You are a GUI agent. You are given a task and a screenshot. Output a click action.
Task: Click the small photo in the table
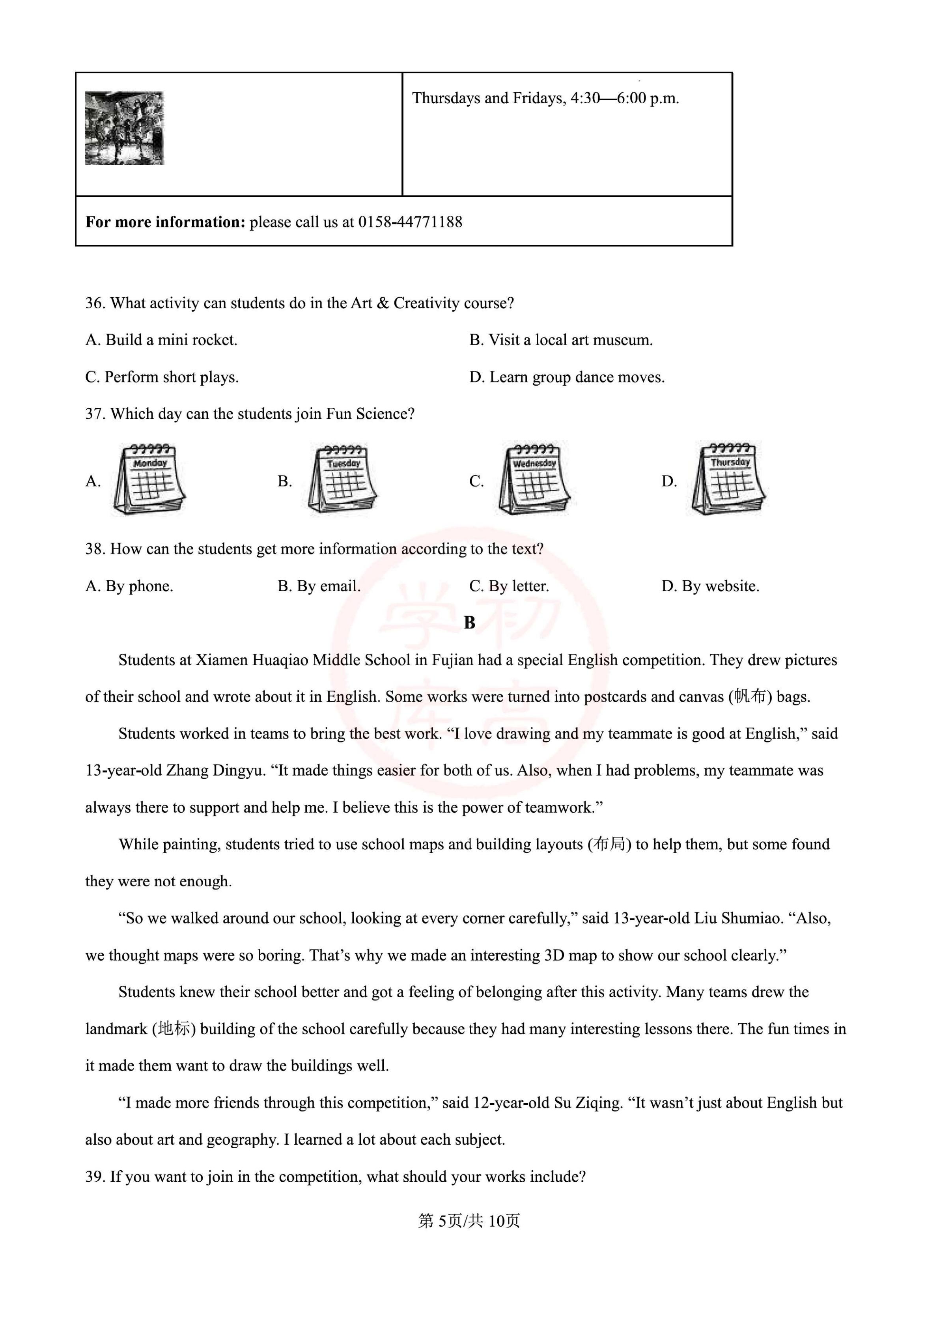click(124, 128)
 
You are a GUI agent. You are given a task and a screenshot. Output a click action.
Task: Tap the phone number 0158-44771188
click(410, 222)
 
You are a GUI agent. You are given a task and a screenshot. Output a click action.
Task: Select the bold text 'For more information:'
click(166, 222)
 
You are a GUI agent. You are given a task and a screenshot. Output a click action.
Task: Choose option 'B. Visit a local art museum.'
click(561, 340)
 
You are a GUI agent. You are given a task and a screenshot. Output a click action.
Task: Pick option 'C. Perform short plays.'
click(162, 377)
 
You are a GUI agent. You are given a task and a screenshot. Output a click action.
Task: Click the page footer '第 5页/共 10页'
click(469, 1221)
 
